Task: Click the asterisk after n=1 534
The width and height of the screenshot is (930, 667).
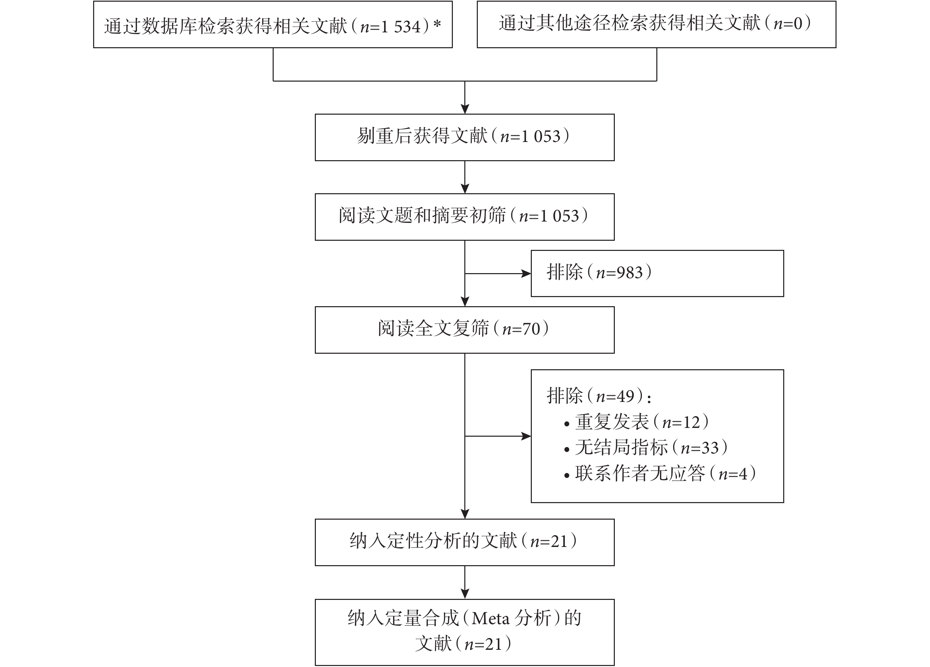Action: click(437, 23)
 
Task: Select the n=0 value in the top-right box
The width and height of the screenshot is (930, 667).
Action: click(787, 24)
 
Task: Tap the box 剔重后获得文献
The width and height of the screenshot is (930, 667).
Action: click(465, 137)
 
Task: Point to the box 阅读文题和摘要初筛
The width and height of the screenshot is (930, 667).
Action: click(465, 217)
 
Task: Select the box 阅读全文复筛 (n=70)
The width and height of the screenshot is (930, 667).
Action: click(465, 330)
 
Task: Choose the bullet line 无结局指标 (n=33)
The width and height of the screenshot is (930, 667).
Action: click(646, 448)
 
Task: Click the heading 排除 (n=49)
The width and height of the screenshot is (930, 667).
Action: click(599, 396)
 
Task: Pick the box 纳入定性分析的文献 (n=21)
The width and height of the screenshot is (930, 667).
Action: click(465, 543)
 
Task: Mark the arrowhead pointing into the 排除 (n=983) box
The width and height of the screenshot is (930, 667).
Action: click(526, 274)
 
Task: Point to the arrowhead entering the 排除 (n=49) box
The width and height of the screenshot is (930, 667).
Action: click(526, 436)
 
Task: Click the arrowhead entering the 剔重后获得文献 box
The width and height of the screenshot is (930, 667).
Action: click(465, 109)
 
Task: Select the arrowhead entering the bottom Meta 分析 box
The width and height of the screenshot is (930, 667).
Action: click(465, 594)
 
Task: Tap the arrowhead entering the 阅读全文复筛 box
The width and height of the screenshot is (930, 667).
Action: click(465, 301)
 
